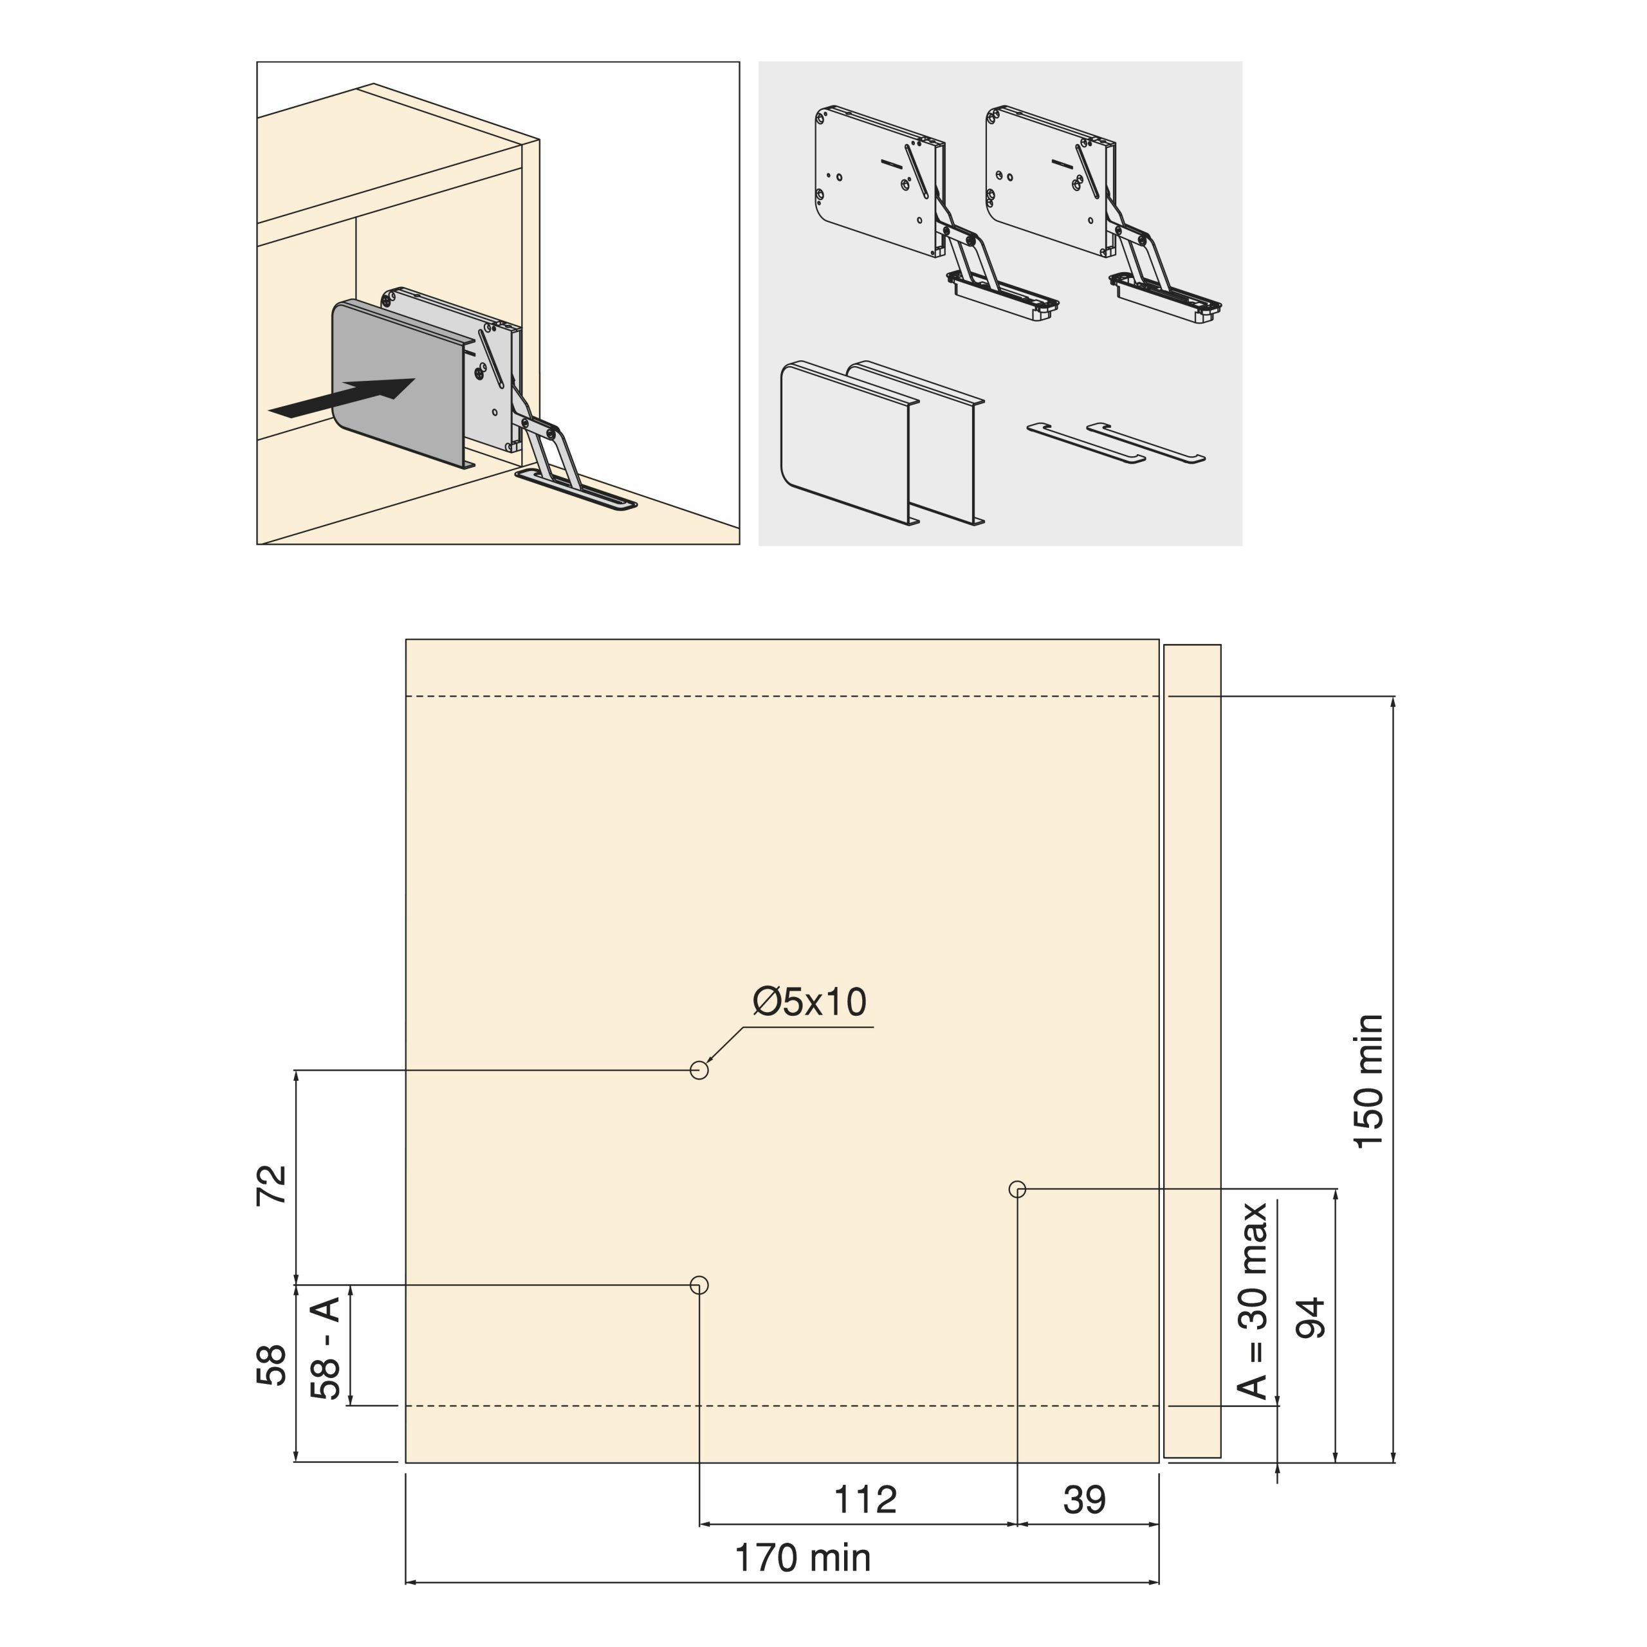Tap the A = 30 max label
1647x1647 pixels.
[1253, 1301]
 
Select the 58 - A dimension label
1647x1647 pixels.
[326, 1348]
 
